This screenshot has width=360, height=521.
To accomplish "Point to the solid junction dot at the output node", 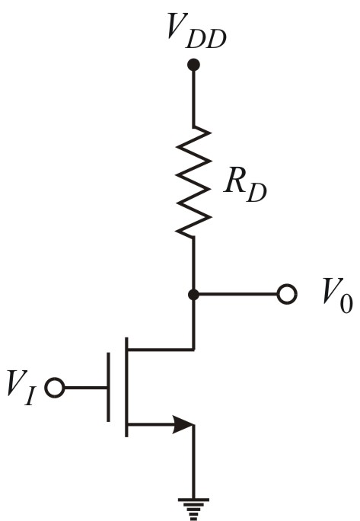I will [193, 294].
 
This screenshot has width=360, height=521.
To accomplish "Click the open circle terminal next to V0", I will [286, 294].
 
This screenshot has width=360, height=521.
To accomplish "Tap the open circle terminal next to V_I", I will [53, 388].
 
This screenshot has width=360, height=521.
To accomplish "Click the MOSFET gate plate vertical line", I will [109, 388].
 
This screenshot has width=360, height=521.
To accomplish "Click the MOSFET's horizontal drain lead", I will [160, 350].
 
